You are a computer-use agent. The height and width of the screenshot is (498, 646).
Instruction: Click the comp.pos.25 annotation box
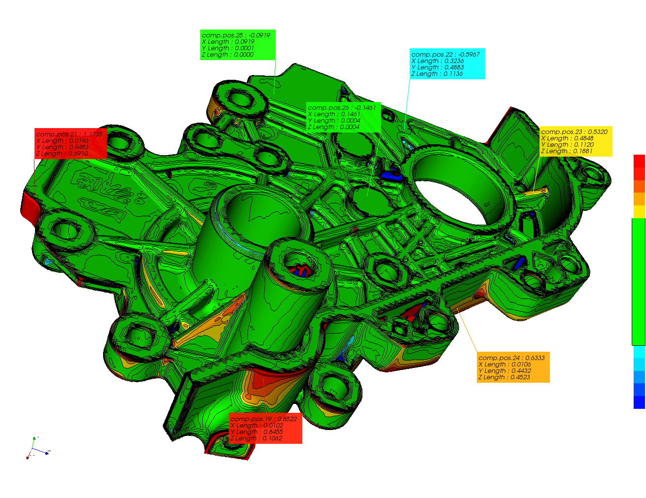pyautogui.click(x=238, y=45)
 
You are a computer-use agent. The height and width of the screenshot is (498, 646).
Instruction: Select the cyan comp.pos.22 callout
pyautogui.click(x=447, y=64)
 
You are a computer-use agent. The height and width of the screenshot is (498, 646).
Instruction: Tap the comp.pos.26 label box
pyautogui.click(x=343, y=117)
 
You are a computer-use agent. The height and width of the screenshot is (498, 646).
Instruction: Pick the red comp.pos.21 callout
pyautogui.click(x=71, y=144)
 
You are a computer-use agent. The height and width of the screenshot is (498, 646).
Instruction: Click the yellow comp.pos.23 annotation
pyautogui.click(x=575, y=142)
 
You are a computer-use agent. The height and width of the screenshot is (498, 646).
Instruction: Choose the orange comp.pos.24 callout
pyautogui.click(x=513, y=367)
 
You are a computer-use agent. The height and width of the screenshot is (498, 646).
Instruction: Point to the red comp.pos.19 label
pyautogui.click(x=265, y=429)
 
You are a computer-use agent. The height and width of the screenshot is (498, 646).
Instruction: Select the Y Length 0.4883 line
pyautogui.click(x=437, y=67)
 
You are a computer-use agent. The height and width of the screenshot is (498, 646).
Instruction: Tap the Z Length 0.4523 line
pyautogui.click(x=504, y=377)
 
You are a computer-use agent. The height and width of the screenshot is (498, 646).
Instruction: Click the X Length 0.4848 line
pyautogui.click(x=567, y=138)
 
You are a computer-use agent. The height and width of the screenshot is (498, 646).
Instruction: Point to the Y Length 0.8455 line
pyautogui.click(x=256, y=432)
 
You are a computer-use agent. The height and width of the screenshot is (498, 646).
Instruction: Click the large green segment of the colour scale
pyautogui.click(x=639, y=281)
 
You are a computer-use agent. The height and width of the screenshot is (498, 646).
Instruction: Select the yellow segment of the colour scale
pyautogui.click(x=639, y=212)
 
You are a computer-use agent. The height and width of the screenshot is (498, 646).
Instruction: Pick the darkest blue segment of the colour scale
pyautogui.click(x=639, y=402)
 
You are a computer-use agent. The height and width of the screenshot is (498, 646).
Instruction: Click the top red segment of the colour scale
pyautogui.click(x=639, y=161)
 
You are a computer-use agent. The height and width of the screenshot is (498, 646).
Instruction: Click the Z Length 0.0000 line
pyautogui.click(x=228, y=55)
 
